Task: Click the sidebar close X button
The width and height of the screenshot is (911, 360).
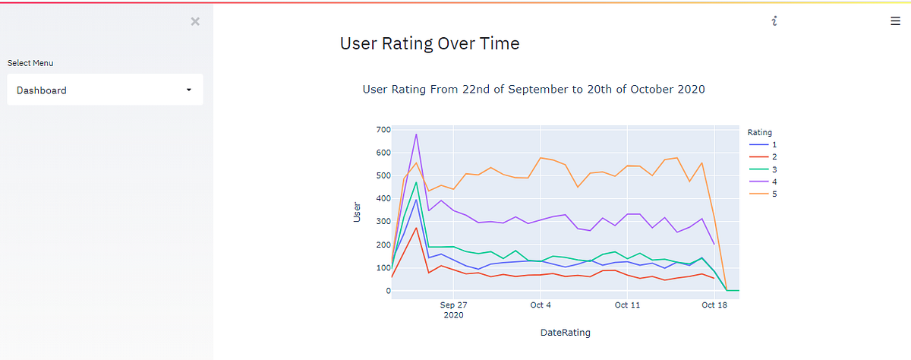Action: (x=195, y=21)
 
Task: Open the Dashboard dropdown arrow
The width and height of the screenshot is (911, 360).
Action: (x=189, y=90)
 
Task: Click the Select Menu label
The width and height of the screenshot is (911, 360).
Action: (x=30, y=63)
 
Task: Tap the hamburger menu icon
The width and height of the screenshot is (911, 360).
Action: (x=895, y=21)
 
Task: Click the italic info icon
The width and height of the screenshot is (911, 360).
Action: (x=774, y=21)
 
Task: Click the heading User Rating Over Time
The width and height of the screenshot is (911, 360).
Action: (x=430, y=43)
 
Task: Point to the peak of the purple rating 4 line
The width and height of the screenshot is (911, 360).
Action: (x=416, y=134)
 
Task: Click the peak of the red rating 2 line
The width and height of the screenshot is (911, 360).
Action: (x=416, y=228)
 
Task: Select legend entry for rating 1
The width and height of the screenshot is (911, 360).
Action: (x=762, y=144)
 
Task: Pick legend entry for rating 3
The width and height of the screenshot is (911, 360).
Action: (x=762, y=169)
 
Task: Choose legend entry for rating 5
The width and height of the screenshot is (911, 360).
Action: (x=762, y=194)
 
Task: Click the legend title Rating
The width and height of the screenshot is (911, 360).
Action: (x=759, y=132)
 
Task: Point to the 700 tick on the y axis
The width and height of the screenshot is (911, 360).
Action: (x=383, y=130)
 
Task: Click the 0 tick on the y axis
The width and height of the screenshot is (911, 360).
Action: (x=389, y=291)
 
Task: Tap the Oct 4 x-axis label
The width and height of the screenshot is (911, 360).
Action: (x=540, y=305)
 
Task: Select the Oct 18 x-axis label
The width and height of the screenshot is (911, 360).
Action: (x=714, y=305)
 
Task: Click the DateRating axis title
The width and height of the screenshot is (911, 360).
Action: (x=566, y=333)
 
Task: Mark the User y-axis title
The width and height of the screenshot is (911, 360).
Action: (x=357, y=212)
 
